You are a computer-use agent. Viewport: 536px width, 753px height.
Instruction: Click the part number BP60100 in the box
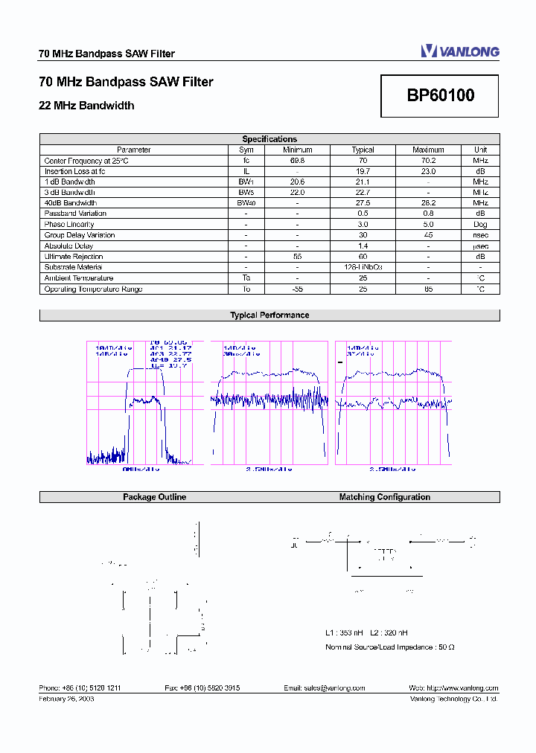(x=440, y=96)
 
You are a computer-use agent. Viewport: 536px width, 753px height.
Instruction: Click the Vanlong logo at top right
(x=459, y=51)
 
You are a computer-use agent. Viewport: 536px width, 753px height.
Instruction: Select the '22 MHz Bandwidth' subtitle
(x=86, y=106)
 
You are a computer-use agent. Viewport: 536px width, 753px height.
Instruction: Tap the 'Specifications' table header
(x=269, y=139)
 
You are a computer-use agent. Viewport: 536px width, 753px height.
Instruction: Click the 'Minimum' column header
(x=297, y=150)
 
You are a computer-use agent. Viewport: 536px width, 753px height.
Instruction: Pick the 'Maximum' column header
(x=428, y=150)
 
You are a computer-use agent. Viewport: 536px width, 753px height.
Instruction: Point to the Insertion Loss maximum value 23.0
(x=428, y=171)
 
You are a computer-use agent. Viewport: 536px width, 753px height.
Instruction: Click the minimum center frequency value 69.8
(x=297, y=161)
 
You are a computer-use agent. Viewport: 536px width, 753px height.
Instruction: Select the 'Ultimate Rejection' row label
(x=73, y=257)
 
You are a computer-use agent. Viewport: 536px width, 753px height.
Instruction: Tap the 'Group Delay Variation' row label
(x=80, y=235)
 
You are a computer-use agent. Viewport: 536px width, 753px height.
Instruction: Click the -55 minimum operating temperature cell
(x=297, y=289)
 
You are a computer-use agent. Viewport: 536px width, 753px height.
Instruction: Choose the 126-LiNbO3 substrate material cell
(x=363, y=267)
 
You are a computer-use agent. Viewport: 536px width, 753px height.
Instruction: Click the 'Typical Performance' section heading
(x=269, y=315)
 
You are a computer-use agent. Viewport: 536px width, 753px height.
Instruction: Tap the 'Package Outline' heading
(x=154, y=497)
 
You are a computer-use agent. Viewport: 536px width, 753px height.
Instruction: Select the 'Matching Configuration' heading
(x=384, y=497)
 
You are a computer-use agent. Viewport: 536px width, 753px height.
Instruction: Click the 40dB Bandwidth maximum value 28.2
(x=428, y=203)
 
